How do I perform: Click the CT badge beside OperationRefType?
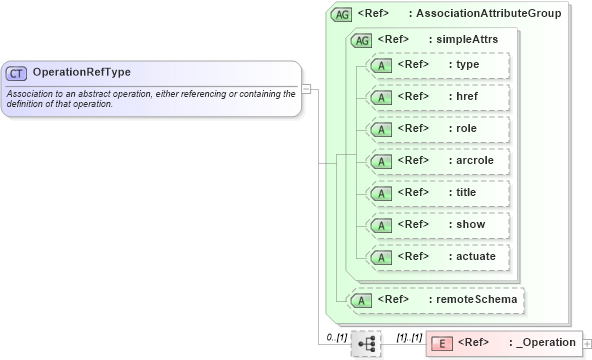tap(17, 73)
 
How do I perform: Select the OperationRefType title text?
tap(81, 73)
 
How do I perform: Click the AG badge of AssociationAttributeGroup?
tap(342, 14)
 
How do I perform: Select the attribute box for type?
tap(439, 65)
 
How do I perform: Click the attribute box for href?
tap(439, 97)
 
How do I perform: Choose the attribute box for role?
tap(439, 129)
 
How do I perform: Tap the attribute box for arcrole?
tap(439, 161)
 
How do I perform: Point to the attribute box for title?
tap(439, 193)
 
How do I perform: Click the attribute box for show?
tap(439, 225)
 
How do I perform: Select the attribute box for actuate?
tap(439, 257)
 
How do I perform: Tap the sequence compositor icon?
tap(366, 343)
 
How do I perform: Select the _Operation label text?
tap(546, 343)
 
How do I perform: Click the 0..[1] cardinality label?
tap(337, 337)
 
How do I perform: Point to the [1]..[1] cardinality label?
tap(409, 337)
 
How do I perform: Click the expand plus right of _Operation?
tap(587, 344)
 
